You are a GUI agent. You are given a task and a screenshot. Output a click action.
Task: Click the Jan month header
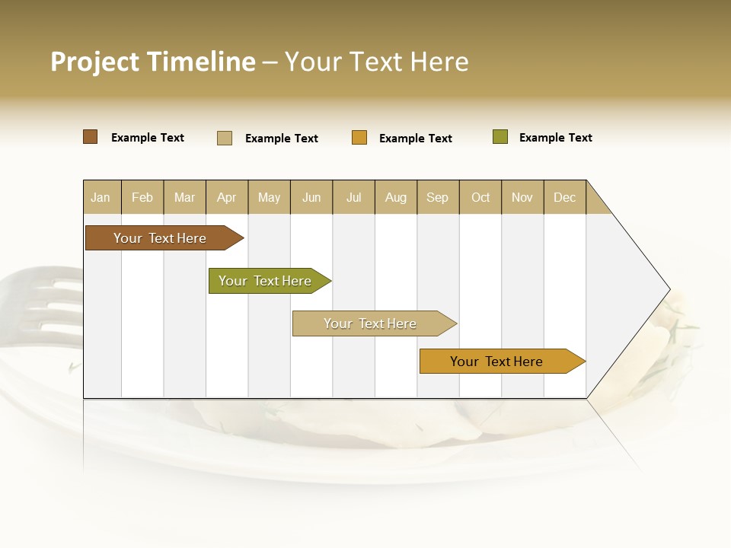point(101,197)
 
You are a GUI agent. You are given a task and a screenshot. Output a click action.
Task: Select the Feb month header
point(142,197)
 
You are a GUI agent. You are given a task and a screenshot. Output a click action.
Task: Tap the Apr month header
point(227,197)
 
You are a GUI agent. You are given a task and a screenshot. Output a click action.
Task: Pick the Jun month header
point(311,197)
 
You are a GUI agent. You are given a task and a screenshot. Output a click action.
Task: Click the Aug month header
point(396,197)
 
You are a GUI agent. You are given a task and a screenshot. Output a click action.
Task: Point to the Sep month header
point(438,197)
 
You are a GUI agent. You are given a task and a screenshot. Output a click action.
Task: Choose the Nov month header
point(522,197)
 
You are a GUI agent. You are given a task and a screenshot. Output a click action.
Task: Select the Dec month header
point(565,197)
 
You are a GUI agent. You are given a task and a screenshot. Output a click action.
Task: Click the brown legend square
point(91,137)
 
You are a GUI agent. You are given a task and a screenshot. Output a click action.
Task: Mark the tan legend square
point(225,138)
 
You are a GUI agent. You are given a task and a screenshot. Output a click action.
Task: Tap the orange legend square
point(359,138)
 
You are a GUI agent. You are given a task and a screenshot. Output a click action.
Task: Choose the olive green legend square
point(500,137)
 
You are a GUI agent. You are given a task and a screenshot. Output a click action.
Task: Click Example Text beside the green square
point(555,138)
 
